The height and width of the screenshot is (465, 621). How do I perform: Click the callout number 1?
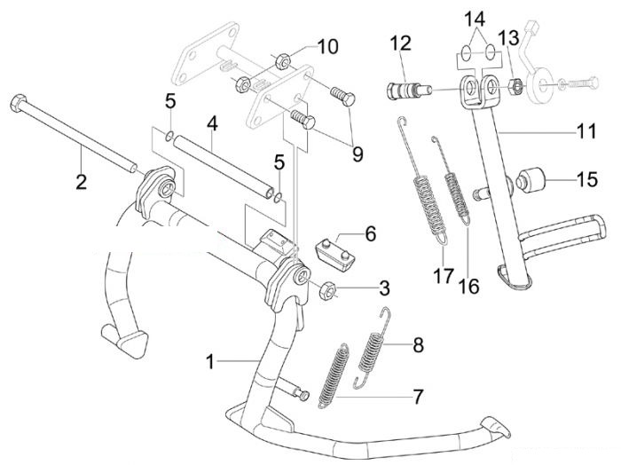tap(211, 361)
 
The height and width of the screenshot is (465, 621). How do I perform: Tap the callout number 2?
tap(81, 182)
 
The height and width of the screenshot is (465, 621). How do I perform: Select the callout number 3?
tap(384, 288)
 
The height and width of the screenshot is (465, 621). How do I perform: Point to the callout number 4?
tap(212, 124)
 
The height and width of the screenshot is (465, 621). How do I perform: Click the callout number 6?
tap(370, 233)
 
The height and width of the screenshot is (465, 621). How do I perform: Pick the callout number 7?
tap(418, 397)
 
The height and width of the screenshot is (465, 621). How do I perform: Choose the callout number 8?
tap(418, 344)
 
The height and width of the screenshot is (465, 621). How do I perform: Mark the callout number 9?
tap(358, 154)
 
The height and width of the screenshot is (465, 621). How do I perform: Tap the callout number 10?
tap(327, 46)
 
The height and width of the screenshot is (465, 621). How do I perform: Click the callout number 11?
tap(586, 131)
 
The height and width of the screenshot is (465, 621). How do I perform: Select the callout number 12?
tap(401, 43)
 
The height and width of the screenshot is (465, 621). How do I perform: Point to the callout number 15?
tap(587, 179)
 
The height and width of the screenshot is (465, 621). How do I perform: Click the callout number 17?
tap(443, 276)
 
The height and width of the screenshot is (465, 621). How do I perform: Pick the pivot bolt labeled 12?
tap(405, 90)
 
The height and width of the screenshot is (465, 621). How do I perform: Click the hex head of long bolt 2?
tap(17, 103)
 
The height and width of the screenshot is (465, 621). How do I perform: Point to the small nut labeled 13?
tap(514, 84)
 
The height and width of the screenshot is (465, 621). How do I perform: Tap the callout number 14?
tap(475, 19)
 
